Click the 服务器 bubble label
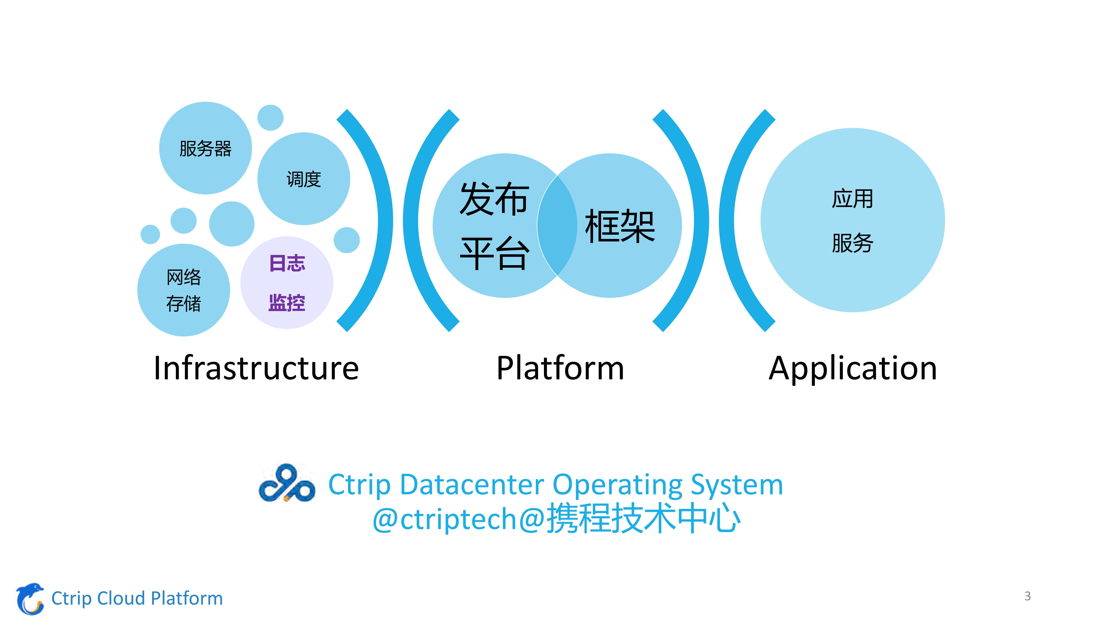pyautogui.click(x=205, y=148)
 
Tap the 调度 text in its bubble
pyautogui.click(x=304, y=179)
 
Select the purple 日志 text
pyautogui.click(x=287, y=263)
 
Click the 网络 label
pyautogui.click(x=184, y=277)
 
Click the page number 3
pyautogui.click(x=1027, y=596)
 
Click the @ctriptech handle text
pyautogui.click(x=445, y=519)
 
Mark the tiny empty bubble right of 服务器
pyautogui.click(x=270, y=117)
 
